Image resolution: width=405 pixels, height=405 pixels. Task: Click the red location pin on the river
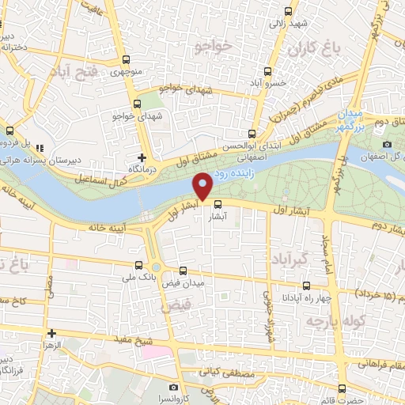point(203,186)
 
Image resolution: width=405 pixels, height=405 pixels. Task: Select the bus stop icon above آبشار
point(218,203)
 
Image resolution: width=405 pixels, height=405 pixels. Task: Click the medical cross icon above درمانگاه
point(142,157)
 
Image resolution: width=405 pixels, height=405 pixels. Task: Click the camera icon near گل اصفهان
point(388,144)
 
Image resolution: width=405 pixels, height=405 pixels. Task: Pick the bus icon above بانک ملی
point(139,266)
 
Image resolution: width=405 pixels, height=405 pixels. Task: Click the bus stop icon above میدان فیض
point(184,271)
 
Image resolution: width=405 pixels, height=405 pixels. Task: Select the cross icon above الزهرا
point(52,333)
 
